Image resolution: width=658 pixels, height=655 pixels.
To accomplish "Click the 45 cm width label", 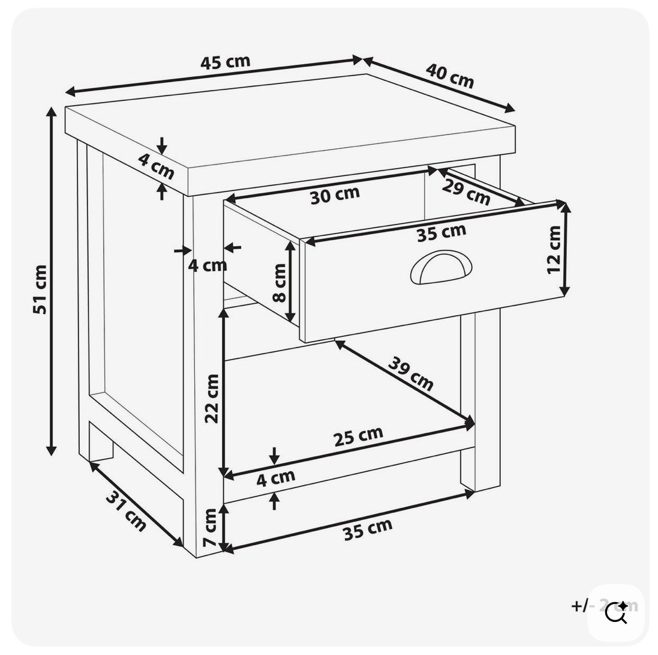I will pos(225,62).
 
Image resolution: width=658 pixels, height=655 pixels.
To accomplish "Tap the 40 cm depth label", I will pos(450,76).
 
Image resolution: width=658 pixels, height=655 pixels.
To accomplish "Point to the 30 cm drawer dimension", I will pos(335,195).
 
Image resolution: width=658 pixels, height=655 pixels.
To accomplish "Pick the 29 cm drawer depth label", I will pos(466,192).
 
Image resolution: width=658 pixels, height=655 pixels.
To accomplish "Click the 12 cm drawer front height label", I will pos(554,249).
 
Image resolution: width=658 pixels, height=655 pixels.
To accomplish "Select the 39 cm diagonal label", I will pos(411,373).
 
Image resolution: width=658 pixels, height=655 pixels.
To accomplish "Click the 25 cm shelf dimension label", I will pos(358,436).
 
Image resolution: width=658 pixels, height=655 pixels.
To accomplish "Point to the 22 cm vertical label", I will pos(212,398).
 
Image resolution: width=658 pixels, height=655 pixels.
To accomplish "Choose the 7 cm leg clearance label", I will pos(210,527).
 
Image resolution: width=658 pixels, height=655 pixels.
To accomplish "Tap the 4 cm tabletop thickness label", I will pos(156,166).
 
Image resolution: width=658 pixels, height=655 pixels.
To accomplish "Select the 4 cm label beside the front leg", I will pos(208,265).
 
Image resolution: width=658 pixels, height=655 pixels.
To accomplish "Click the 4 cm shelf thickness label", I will pos(276,478).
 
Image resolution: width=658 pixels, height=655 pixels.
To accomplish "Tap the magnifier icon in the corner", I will pos(615,613).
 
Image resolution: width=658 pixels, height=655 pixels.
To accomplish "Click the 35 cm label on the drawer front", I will pos(441,232).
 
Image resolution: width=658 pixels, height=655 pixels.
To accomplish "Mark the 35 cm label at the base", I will pos(367,530).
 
